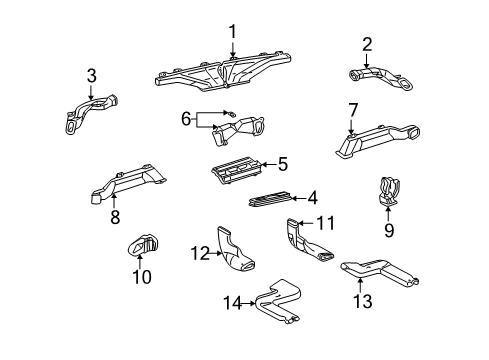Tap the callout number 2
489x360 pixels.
367,44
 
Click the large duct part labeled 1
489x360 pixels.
225,73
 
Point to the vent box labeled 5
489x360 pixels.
238,171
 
